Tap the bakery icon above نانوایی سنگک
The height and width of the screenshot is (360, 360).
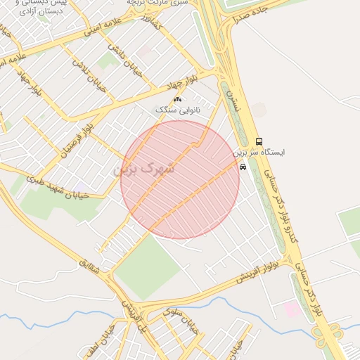pyautogui.click(x=177, y=100)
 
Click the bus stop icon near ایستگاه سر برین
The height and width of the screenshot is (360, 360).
pyautogui.click(x=259, y=141)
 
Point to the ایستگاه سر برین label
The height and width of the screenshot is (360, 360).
pyautogui.click(x=259, y=152)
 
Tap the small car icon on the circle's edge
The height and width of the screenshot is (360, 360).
pyautogui.click(x=243, y=167)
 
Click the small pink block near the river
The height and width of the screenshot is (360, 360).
pyautogui.click(x=290, y=309)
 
